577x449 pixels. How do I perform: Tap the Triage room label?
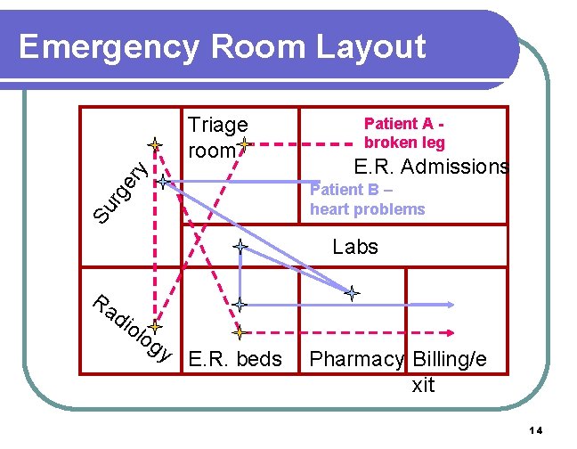click(216, 137)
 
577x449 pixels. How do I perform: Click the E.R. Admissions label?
click(431, 167)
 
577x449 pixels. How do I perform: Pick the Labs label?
click(355, 247)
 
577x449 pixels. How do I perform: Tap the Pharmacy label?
click(356, 360)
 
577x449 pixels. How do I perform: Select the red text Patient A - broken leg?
click(405, 134)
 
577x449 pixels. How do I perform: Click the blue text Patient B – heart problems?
click(367, 199)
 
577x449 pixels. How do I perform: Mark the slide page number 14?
click(535, 431)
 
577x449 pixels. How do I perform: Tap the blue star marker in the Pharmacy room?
click(353, 292)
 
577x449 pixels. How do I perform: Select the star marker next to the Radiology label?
click(154, 327)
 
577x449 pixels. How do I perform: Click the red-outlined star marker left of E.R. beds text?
click(239, 333)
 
